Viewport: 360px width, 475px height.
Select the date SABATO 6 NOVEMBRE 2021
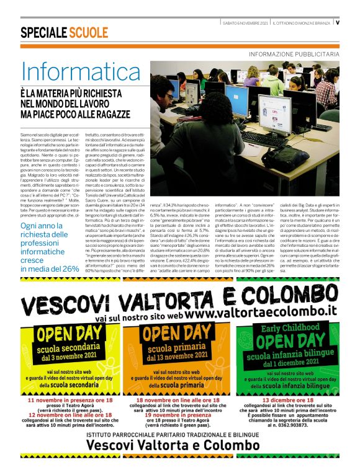pos(246,23)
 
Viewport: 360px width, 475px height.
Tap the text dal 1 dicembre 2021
pos(290,364)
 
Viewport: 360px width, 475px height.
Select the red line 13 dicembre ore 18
pos(290,401)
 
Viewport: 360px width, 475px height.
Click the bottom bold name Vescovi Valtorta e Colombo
pos(180,462)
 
